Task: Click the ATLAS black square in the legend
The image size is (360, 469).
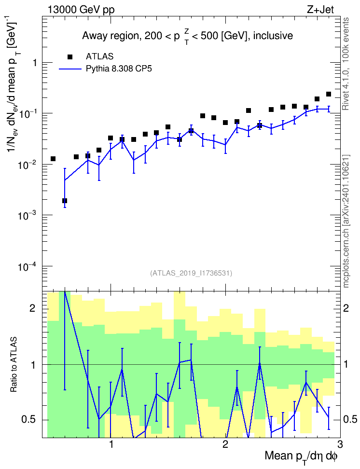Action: pyautogui.click(x=70, y=56)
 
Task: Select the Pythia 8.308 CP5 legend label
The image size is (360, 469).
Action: pyautogui.click(x=119, y=69)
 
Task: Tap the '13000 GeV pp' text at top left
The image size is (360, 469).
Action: pyautogui.click(x=81, y=10)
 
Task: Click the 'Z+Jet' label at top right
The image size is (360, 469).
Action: pyautogui.click(x=320, y=10)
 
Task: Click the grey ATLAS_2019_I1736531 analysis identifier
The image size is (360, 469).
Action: pyautogui.click(x=191, y=273)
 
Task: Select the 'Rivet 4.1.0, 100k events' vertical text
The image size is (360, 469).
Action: pyautogui.click(x=346, y=64)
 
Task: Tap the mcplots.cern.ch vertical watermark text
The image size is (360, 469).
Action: pyautogui.click(x=346, y=221)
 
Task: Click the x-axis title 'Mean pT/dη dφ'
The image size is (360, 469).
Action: pyautogui.click(x=301, y=457)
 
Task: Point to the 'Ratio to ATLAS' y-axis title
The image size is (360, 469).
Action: pyautogui.click(x=14, y=364)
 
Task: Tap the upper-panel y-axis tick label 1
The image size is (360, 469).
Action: pyautogui.click(x=35, y=63)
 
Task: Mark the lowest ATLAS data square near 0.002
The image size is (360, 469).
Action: pyautogui.click(x=65, y=201)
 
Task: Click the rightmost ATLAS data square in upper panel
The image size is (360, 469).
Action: pyautogui.click(x=329, y=94)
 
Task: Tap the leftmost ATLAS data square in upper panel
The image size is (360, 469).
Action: pyautogui.click(x=53, y=159)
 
